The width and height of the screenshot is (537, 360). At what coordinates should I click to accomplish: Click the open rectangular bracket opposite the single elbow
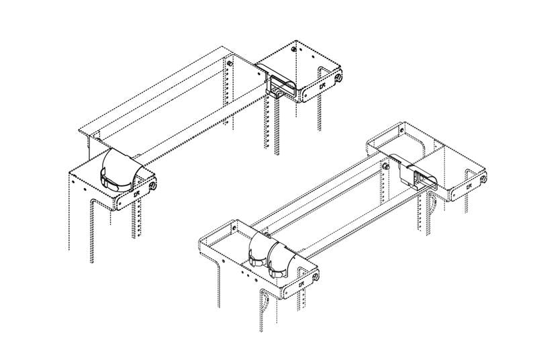(282, 87)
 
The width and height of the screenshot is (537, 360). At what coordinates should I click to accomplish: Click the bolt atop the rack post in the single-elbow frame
(230, 62)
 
